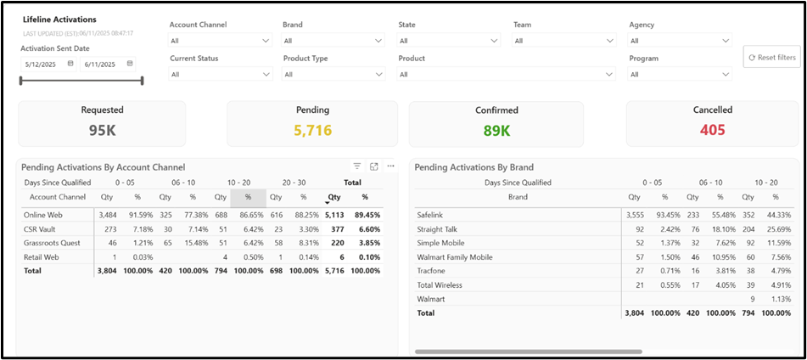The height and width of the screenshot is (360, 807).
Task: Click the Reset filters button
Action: pos(771,58)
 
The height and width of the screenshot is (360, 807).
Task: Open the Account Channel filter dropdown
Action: pos(220,40)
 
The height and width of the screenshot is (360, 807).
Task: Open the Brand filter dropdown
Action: pos(333,40)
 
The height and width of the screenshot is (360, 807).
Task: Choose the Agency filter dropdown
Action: pos(680,40)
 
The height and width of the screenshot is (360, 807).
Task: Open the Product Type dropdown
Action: pos(333,74)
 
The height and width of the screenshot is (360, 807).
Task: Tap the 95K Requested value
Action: pos(102,130)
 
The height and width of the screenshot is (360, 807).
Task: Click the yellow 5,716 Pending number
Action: pos(312,130)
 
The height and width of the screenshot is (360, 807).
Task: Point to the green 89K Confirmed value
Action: pos(496,130)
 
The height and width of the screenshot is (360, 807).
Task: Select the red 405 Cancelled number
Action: pos(712,130)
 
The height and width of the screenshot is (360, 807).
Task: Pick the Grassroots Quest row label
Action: pos(52,242)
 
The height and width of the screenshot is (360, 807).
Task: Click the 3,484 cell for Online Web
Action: pos(107,215)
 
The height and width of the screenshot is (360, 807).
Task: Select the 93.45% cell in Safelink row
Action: pos(664,215)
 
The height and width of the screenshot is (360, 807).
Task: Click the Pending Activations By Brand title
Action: pos(474,167)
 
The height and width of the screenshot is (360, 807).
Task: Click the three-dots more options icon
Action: pos(390,166)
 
